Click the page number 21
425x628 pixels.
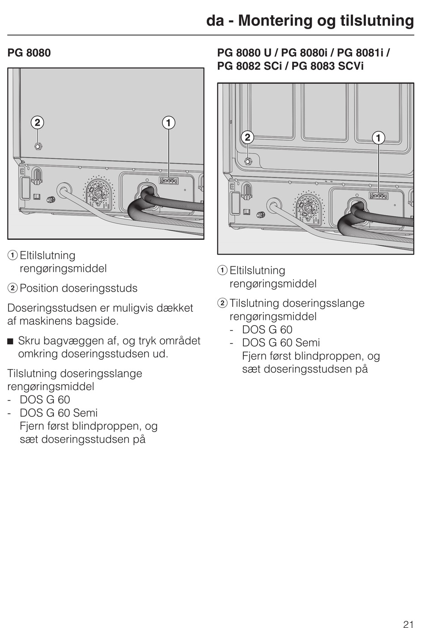[408, 612]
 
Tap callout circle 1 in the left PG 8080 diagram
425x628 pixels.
[168, 123]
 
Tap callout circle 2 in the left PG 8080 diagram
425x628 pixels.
[38, 123]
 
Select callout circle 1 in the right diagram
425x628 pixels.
[378, 137]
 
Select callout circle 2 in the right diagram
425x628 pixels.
[247, 137]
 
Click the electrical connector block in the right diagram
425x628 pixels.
[378, 195]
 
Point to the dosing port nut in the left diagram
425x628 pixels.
[38, 146]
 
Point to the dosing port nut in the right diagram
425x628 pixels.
[248, 161]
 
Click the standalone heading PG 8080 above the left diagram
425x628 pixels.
[29, 53]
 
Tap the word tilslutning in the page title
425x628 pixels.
[377, 21]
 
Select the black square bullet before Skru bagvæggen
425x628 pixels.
[10, 342]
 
